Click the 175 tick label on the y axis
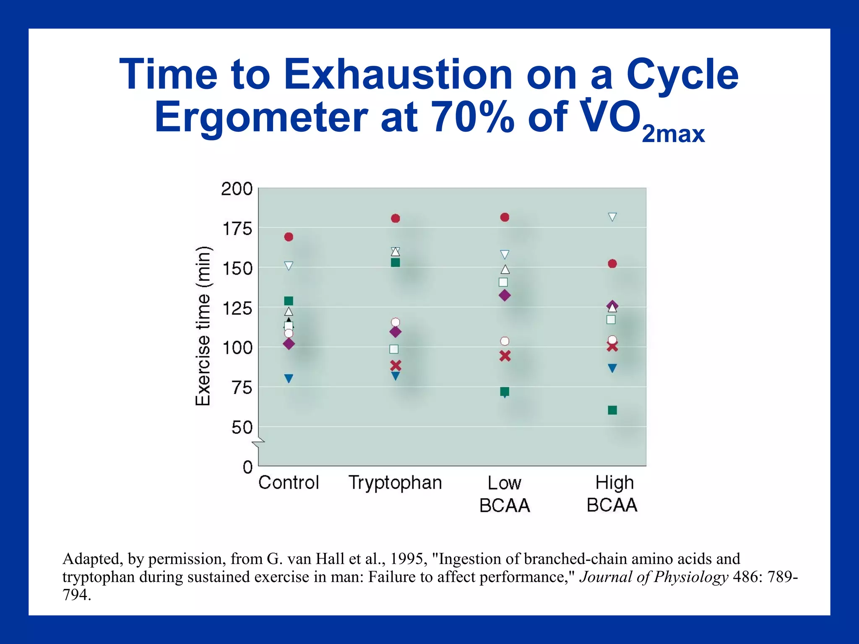[x=237, y=229]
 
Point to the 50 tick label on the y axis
[x=242, y=428]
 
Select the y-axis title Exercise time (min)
[x=203, y=326]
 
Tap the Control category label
[x=289, y=483]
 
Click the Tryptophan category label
[x=395, y=483]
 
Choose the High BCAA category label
[x=612, y=494]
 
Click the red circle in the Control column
[x=289, y=237]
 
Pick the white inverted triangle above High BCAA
[x=612, y=217]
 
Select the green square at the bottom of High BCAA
[x=612, y=410]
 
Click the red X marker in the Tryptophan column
[x=396, y=365]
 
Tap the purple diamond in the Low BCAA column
[x=505, y=295]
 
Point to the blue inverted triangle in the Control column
[x=289, y=379]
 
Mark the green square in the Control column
[x=289, y=301]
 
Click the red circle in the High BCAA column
[x=612, y=264]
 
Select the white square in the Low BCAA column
[x=503, y=282]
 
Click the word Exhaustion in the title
[x=398, y=75]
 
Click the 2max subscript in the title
[x=673, y=135]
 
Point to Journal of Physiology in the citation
[x=653, y=577]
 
